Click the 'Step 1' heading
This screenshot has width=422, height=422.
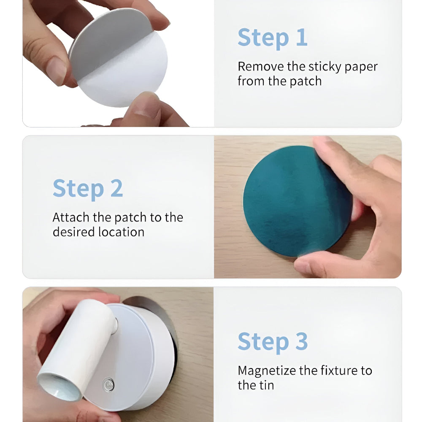click(x=272, y=38)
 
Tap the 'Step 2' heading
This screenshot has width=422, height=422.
click(x=88, y=189)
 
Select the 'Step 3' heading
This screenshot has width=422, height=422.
click(x=272, y=342)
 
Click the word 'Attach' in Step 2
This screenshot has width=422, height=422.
click(x=71, y=217)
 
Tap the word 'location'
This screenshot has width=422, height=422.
click(x=121, y=232)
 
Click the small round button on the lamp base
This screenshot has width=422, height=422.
click(x=108, y=384)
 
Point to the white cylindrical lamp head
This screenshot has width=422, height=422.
click(x=78, y=350)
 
